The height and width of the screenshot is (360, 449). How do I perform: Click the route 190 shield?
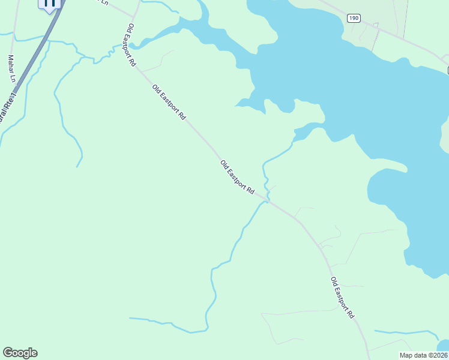354,19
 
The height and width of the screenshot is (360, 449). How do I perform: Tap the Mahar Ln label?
11,68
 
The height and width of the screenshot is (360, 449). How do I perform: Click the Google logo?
20,353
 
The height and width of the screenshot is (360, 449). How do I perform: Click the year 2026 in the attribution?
439,355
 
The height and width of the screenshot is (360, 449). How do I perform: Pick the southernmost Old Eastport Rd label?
342,298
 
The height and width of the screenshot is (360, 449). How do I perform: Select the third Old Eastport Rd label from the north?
237,177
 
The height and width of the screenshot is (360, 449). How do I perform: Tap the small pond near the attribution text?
444,345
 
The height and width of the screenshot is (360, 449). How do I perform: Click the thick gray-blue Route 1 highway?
27,66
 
